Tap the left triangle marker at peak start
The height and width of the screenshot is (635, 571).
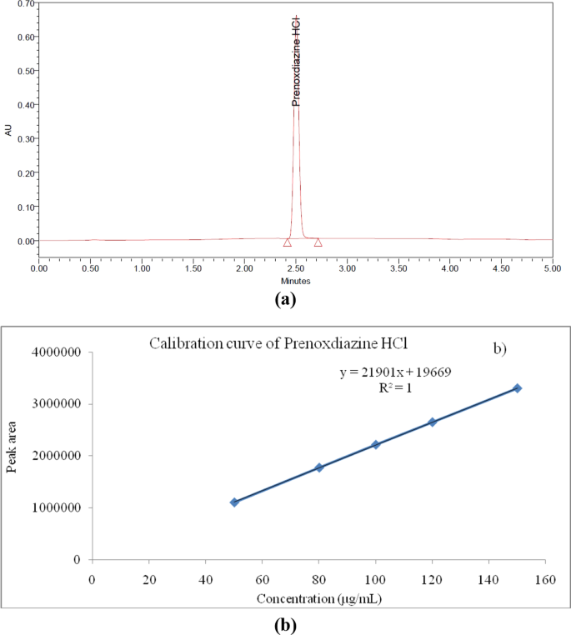(x=288, y=242)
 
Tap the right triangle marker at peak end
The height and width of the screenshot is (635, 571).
(x=318, y=242)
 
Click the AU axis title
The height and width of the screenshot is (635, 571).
(x=8, y=130)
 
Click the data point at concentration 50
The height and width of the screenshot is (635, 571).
(x=234, y=502)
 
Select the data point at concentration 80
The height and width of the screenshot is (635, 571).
(x=319, y=467)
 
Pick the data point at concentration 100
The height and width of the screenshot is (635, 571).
(x=376, y=444)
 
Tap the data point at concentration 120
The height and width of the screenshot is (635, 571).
(x=432, y=422)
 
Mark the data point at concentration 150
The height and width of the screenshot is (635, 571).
(x=517, y=388)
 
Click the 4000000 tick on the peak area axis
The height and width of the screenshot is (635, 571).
(x=53, y=353)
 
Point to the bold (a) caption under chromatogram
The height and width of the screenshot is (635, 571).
(x=286, y=301)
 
